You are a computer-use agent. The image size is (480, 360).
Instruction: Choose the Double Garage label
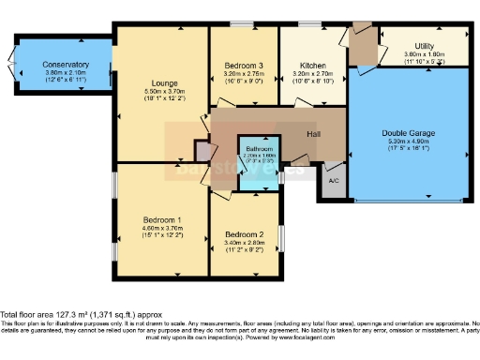click(409, 132)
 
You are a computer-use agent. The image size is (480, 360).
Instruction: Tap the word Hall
click(316, 134)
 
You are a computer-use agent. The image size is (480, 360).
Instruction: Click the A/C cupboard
click(334, 180)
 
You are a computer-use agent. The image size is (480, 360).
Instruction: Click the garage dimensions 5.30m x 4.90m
click(409, 141)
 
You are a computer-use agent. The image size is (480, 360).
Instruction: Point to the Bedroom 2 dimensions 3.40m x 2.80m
click(244, 242)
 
